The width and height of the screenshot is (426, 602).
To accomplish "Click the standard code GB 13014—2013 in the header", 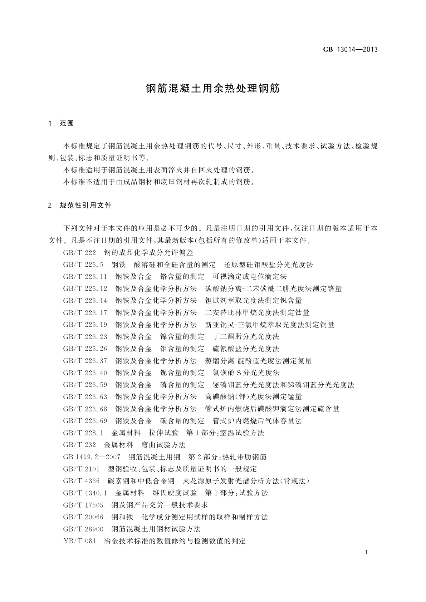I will (x=350, y=50).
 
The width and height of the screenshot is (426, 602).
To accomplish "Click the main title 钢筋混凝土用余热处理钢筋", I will (x=213, y=88).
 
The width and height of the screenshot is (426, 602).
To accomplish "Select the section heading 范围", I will (x=67, y=124).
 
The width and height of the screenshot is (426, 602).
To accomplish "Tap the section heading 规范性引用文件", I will (x=86, y=206).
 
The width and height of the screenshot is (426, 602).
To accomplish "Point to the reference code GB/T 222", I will (x=79, y=253).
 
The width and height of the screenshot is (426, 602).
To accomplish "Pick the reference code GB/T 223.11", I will (x=85, y=277).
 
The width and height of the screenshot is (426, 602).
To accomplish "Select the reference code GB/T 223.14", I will (x=85, y=301).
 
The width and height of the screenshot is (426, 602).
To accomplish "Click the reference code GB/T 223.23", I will (x=85, y=337).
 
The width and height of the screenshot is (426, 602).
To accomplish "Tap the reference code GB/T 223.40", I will (x=85, y=373).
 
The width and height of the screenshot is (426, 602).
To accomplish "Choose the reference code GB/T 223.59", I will (x=85, y=385).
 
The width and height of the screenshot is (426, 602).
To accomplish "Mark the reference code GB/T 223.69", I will (x=85, y=421).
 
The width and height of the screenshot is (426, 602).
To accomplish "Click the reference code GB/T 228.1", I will (x=83, y=433).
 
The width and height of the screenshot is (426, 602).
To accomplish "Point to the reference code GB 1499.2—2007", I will (x=92, y=457).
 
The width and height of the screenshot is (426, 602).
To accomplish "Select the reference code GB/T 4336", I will (x=81, y=481).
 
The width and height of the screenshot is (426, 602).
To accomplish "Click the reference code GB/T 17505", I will (x=83, y=505).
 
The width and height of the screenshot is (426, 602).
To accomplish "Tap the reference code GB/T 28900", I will (x=83, y=529).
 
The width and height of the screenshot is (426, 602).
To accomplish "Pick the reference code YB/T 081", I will (x=79, y=541).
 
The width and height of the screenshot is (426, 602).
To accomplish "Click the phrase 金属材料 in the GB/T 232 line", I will (x=118, y=445).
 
